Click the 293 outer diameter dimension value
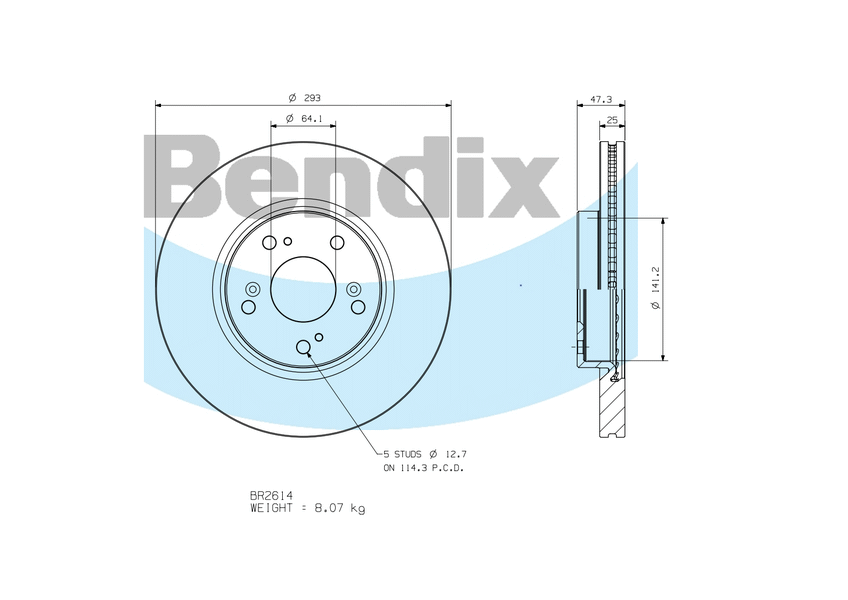pos(312,98)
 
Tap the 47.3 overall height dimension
pos(601,100)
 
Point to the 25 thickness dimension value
pos(612,120)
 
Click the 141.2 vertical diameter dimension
pos(657,280)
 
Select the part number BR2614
pos(271,495)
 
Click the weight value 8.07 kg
pos(340,508)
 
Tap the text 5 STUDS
pos(402,454)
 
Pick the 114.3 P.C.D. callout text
pos(432,468)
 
